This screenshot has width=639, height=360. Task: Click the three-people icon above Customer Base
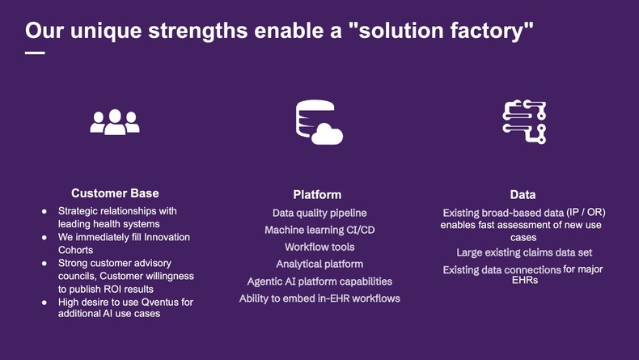[115, 122]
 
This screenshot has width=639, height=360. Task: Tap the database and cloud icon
[319, 123]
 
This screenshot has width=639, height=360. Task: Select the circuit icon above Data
[524, 122]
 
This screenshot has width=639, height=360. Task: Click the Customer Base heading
[115, 193]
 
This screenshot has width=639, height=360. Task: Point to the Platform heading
[317, 195]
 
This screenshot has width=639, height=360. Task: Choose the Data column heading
[523, 195]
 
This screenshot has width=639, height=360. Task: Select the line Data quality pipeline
[319, 213]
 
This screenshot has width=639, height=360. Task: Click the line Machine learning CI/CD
[319, 230]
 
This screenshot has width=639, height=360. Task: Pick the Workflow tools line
[319, 247]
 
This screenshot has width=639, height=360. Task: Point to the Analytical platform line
[319, 264]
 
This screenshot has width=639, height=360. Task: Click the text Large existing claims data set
[524, 253]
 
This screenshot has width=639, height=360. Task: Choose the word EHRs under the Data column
[524, 281]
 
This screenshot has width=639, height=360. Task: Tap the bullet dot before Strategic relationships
[44, 212]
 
